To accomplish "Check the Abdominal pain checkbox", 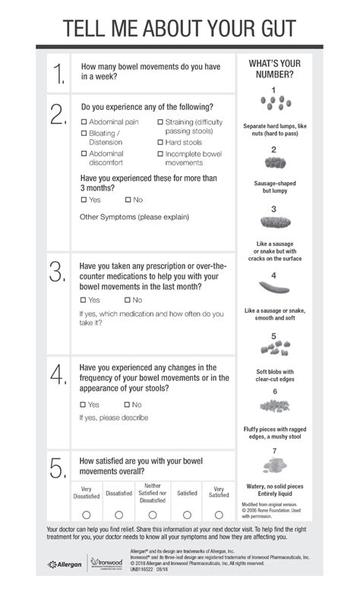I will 84,122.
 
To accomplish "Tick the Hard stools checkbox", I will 161,142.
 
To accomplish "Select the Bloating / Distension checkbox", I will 84,134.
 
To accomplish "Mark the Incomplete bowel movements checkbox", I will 161,154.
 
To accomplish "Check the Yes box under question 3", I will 84,301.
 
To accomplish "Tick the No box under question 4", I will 128,405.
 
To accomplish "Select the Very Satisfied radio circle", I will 219,515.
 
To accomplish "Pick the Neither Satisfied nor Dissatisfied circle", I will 152,515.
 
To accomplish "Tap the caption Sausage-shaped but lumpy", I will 273,187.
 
